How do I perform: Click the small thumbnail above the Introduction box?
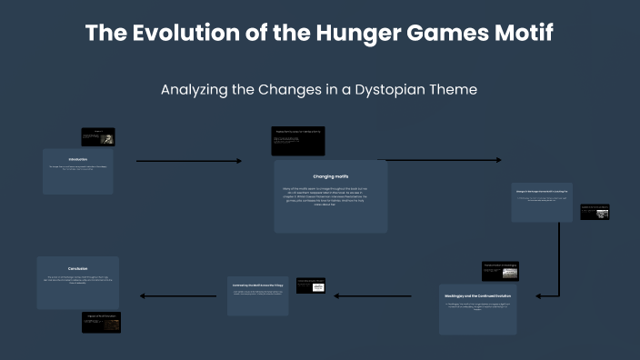click(97, 136)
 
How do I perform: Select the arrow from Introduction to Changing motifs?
click(188, 161)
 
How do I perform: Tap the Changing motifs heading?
click(330, 175)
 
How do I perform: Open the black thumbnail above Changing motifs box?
click(297, 140)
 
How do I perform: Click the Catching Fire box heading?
click(542, 192)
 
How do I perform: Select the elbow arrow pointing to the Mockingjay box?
click(557, 264)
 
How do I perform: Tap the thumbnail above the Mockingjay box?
click(500, 270)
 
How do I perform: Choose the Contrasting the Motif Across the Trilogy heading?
click(257, 285)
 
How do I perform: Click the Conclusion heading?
click(77, 268)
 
